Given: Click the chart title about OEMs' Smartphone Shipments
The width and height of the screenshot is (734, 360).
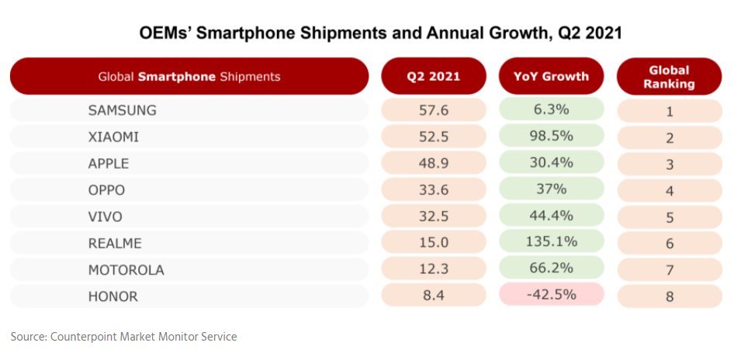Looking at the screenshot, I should (380, 33).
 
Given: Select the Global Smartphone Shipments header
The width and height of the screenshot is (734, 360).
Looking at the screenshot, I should (189, 76).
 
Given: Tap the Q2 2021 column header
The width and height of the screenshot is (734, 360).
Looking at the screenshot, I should (433, 76).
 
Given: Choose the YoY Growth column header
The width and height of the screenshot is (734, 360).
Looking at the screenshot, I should (551, 76).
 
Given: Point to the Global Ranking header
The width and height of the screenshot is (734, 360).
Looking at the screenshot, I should (669, 76).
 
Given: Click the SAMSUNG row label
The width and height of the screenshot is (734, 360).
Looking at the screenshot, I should (122, 110).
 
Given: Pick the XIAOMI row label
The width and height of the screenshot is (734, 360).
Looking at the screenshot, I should (115, 137).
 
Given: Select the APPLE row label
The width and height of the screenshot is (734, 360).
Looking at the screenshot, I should (109, 164).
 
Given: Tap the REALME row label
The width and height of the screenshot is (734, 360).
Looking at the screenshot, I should (116, 244).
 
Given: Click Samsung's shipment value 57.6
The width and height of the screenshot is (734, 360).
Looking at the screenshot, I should (433, 110).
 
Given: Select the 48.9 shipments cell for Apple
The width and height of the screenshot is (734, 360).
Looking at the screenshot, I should (433, 164).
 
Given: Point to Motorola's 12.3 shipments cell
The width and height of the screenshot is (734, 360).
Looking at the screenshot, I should (433, 269).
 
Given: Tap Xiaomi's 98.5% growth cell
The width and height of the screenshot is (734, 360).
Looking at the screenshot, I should (551, 137).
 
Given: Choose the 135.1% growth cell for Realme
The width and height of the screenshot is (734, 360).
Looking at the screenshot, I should (551, 242).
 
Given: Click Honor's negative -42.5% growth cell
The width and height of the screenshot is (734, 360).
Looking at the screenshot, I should (551, 295).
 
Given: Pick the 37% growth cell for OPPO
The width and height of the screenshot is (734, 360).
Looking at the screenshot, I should (551, 189).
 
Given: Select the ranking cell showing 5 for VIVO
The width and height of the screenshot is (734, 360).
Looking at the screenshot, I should (669, 218).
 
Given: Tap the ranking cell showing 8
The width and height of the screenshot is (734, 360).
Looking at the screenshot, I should (669, 296).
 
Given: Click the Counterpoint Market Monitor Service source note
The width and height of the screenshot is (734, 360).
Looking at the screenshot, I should (124, 336).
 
